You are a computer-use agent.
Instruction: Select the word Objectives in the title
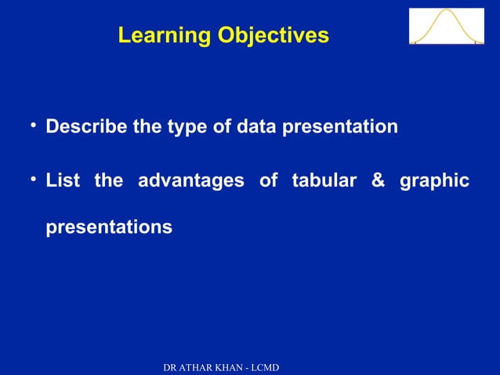274,36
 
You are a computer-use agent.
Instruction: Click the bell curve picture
446,26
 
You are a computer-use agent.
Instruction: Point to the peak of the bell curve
446,11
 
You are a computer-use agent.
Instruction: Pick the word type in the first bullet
186,127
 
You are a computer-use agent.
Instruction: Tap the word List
63,181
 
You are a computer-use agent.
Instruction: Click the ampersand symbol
378,181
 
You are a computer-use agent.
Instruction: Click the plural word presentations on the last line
109,228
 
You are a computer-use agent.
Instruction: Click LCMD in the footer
267,368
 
